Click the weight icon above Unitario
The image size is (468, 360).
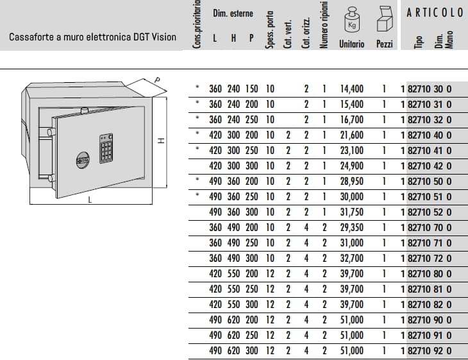(x=352, y=21)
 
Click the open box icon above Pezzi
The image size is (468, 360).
(x=385, y=19)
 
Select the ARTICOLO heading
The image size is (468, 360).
(x=435, y=13)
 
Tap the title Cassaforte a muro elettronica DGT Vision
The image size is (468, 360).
(x=92, y=37)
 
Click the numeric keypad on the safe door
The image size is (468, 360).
(x=106, y=148)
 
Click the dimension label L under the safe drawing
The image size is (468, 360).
(x=90, y=200)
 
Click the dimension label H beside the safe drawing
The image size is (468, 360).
(x=161, y=141)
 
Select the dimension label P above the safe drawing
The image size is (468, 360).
(x=157, y=80)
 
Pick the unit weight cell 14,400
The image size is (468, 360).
(x=352, y=89)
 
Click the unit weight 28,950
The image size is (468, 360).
(x=352, y=182)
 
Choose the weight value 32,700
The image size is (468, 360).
(x=352, y=259)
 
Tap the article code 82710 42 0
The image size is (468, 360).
(x=430, y=166)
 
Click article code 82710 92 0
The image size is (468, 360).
(x=430, y=351)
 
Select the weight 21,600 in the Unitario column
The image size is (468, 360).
(x=352, y=135)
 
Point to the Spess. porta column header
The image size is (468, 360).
(x=269, y=30)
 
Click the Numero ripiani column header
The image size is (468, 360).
(x=324, y=24)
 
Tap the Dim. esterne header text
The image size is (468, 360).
(x=233, y=13)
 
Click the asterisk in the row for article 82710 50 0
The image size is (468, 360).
(x=197, y=179)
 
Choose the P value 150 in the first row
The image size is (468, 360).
(x=251, y=89)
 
